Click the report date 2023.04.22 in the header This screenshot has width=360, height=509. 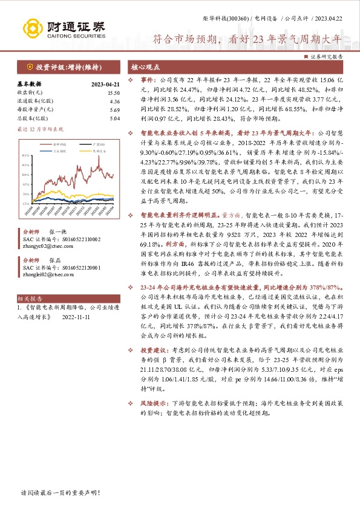pos(332,20)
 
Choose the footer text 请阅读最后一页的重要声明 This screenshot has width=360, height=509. pos(51,493)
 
